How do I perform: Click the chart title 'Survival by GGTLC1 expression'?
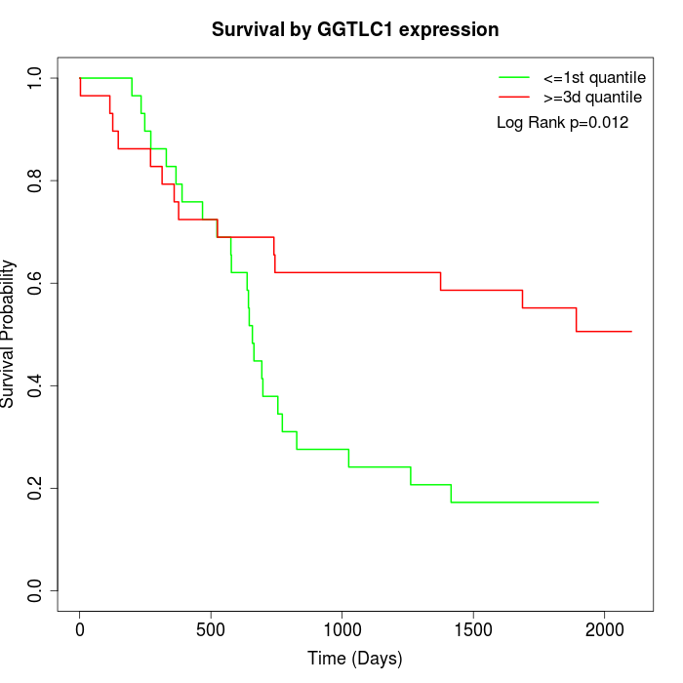(x=355, y=30)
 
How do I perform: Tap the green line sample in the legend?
(x=514, y=77)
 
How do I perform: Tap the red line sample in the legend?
(x=514, y=98)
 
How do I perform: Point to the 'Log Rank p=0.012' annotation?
(x=562, y=123)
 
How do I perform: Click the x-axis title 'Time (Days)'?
(x=355, y=659)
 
